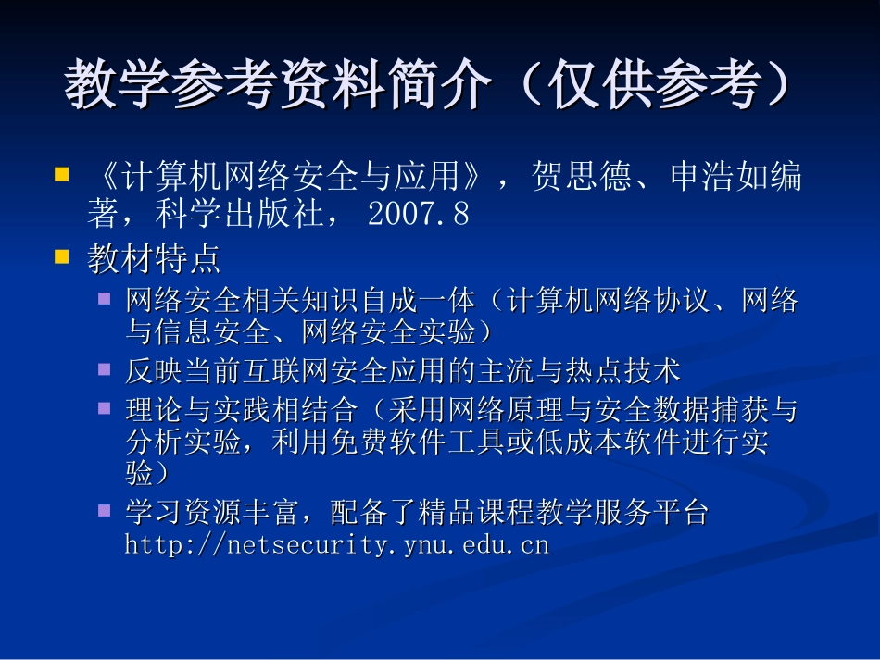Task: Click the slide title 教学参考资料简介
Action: (278, 88)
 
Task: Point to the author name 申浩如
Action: (702, 177)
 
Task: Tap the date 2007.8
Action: (419, 215)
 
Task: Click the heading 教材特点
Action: (155, 259)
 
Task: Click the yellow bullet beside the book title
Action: (62, 174)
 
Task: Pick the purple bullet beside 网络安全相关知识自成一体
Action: (105, 298)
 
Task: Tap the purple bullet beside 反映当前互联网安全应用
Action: (105, 369)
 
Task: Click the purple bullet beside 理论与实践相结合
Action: (105, 406)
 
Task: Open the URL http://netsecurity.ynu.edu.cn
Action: (337, 544)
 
